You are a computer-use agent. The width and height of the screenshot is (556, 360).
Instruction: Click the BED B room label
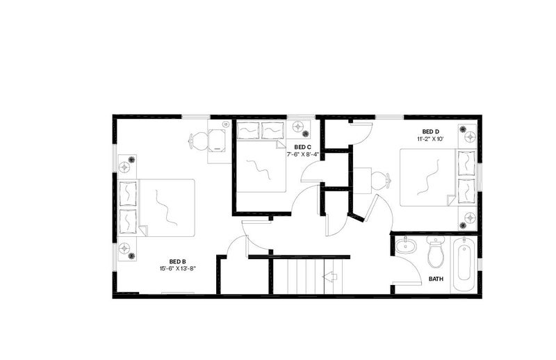click(x=178, y=262)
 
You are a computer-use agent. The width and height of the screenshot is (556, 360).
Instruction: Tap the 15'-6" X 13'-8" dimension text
click(x=178, y=268)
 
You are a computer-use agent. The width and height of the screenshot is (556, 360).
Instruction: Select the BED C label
click(x=303, y=147)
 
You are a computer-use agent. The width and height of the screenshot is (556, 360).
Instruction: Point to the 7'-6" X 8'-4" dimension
click(x=303, y=154)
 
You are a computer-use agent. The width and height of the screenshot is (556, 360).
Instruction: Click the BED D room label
click(x=430, y=131)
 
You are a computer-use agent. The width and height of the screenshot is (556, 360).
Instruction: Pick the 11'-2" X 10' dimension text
click(x=430, y=139)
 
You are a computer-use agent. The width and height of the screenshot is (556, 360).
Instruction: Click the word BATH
click(x=436, y=279)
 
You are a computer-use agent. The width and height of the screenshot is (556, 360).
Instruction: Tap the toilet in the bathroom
click(x=436, y=251)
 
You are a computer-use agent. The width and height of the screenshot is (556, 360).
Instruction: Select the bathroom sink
click(x=406, y=245)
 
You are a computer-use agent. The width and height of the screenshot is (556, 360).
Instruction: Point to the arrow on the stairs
click(x=329, y=277)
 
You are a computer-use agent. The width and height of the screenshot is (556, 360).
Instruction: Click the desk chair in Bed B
click(x=199, y=140)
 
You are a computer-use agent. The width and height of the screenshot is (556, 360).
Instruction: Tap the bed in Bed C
click(x=261, y=157)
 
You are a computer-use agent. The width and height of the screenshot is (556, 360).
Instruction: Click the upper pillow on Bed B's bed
click(x=128, y=194)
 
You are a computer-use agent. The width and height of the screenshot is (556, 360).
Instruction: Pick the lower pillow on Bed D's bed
click(x=466, y=192)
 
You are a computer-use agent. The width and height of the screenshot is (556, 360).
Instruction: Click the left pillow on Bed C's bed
click(x=248, y=131)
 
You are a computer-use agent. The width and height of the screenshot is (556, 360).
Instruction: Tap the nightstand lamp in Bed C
click(x=298, y=126)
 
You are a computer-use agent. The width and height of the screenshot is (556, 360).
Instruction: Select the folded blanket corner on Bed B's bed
click(x=142, y=230)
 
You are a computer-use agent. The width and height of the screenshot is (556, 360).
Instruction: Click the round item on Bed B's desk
click(x=225, y=124)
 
